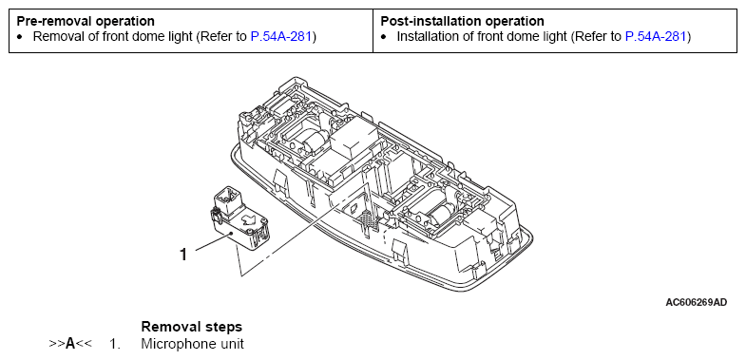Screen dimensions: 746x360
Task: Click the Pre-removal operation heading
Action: pos(86,22)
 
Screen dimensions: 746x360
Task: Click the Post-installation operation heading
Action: pos(463,22)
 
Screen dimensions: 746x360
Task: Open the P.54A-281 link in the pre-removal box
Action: pos(281,36)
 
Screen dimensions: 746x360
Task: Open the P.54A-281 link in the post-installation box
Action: pos(656,36)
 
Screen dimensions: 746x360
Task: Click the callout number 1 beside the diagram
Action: pos(183,255)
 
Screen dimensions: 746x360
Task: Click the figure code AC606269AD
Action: pos(697,302)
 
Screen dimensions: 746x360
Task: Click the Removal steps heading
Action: pos(192,327)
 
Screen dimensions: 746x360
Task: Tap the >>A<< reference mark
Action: pos(70,343)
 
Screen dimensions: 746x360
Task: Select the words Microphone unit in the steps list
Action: pos(192,343)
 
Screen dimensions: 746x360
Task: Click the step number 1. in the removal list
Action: pos(115,343)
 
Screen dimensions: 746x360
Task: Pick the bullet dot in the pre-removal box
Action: pos(20,37)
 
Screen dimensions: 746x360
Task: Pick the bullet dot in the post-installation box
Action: pos(384,37)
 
